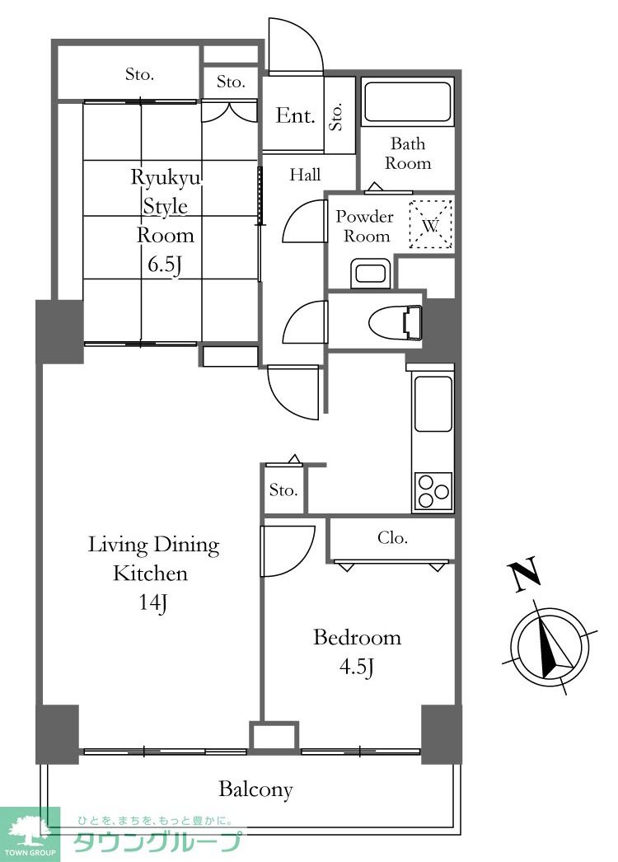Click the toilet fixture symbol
click(396, 321)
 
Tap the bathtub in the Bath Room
click(407, 101)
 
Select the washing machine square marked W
click(431, 224)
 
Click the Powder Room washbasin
click(371, 274)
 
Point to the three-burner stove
click(433, 490)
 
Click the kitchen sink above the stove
click(433, 404)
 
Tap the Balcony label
click(255, 789)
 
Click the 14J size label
click(153, 603)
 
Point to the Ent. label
click(296, 115)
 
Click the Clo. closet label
click(392, 537)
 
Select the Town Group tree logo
click(30, 830)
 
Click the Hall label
click(305, 175)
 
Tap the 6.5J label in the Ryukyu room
click(165, 265)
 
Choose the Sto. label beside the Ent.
click(336, 116)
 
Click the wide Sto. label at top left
click(139, 74)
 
